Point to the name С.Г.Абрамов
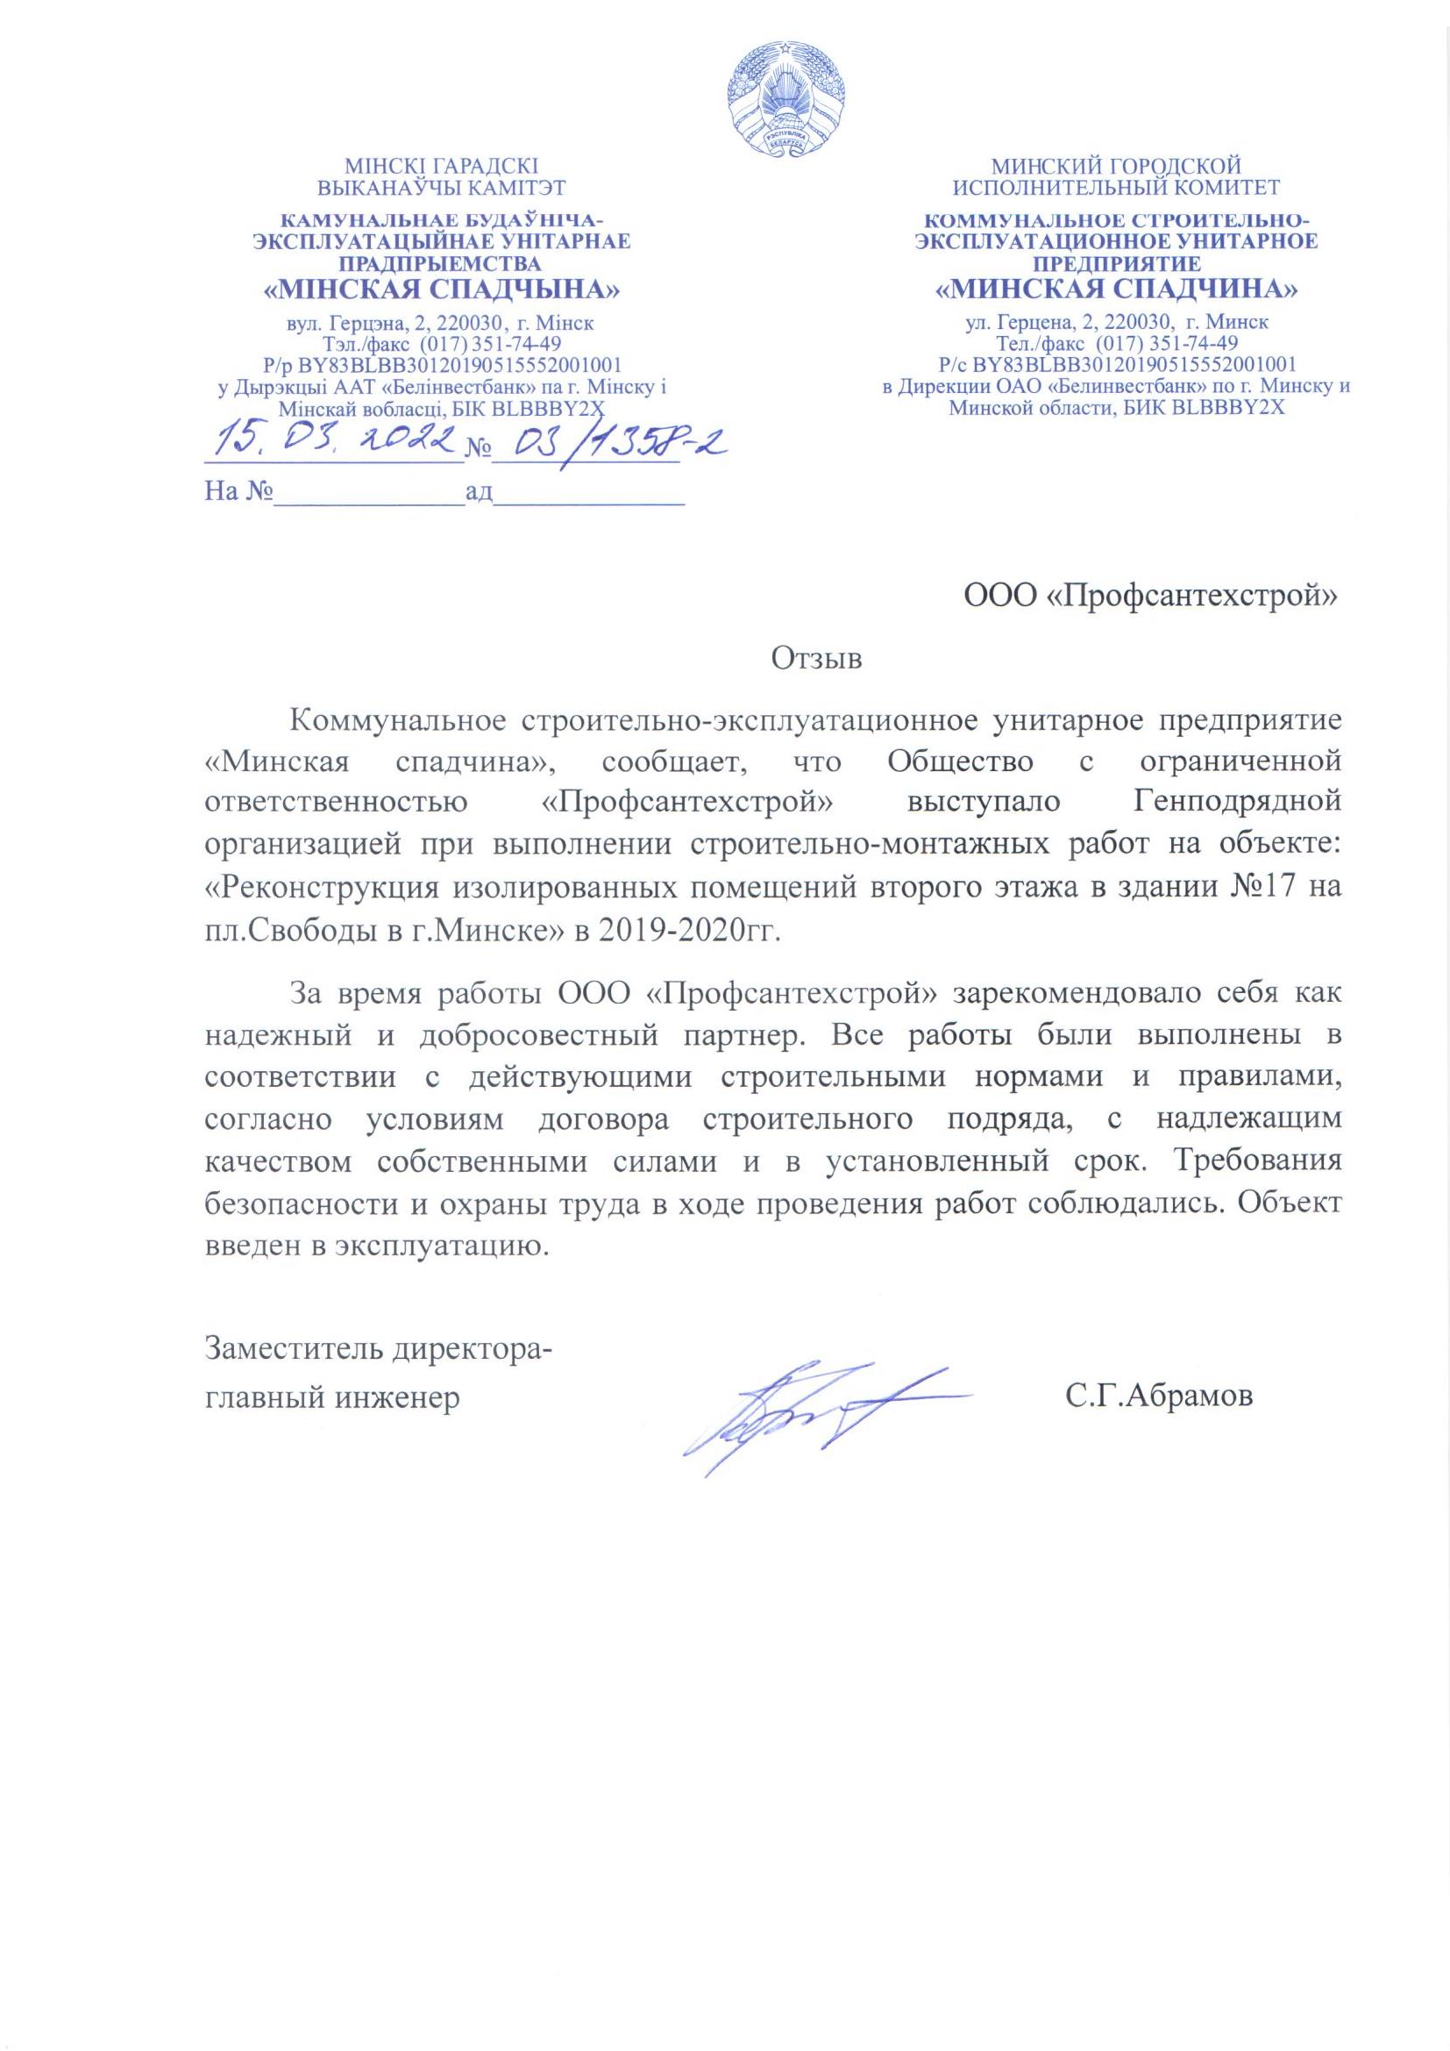[1158, 1397]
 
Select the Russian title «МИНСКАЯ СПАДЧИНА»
[1116, 290]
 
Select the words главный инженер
[333, 1397]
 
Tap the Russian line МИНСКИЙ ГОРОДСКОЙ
[1116, 166]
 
